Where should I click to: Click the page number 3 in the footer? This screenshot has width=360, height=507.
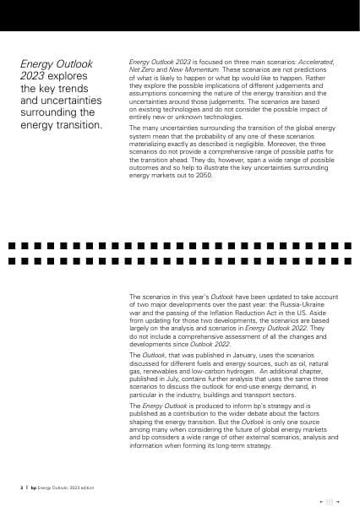pyautogui.click(x=21, y=488)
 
